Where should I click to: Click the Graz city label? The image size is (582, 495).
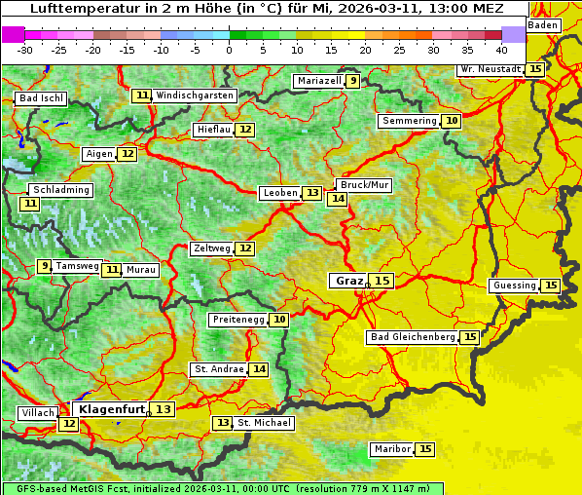click(348, 281)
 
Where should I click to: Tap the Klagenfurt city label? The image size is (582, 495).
click(112, 409)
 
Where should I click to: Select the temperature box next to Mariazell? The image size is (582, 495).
click(352, 81)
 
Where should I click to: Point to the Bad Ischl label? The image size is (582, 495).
click(41, 98)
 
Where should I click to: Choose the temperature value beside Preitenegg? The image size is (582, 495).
click(280, 319)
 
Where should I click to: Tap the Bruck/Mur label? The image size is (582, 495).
click(364, 185)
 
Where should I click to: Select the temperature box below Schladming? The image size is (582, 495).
click(30, 204)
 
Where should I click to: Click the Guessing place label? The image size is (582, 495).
click(514, 286)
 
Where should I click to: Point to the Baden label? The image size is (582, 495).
click(544, 24)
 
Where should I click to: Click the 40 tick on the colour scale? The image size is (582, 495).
click(501, 49)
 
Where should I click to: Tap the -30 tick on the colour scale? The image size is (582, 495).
click(25, 49)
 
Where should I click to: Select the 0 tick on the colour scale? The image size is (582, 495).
click(229, 49)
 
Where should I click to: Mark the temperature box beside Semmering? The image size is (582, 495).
click(451, 121)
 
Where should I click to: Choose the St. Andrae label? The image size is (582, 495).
click(218, 369)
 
